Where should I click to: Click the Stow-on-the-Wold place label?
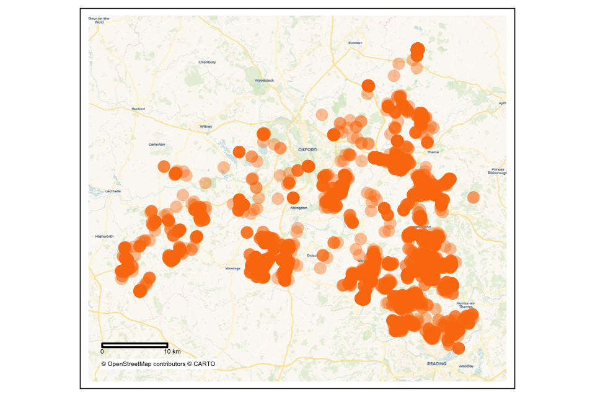99,20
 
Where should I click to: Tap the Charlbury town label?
206,62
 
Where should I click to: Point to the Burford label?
138,109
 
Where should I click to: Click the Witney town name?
206,127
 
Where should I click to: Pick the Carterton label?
157,145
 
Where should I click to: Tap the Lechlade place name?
113,191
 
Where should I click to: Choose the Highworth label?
104,236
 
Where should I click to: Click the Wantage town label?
232,268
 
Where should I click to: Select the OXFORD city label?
307,149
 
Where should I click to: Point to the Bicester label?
355,43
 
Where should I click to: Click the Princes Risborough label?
498,171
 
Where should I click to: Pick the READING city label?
436,363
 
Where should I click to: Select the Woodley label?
465,367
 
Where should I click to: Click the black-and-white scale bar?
134,344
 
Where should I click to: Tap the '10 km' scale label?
172,352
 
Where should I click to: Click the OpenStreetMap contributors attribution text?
158,364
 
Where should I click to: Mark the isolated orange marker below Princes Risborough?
473,197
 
